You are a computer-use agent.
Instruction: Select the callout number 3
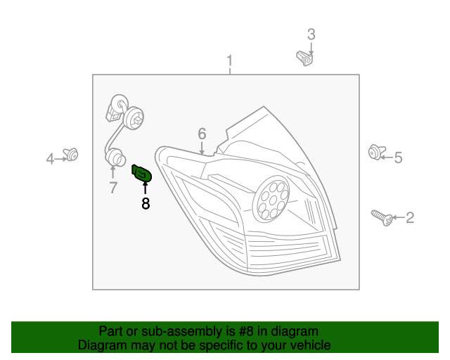(x=311, y=34)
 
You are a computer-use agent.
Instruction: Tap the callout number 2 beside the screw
(x=410, y=218)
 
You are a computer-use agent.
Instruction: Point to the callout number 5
(x=398, y=157)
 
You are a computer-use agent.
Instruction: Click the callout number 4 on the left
(x=50, y=159)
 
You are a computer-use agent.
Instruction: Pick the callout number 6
(x=202, y=133)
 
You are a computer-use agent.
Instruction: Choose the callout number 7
(x=112, y=187)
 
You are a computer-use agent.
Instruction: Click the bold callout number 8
(x=146, y=204)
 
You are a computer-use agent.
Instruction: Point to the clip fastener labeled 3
(x=304, y=56)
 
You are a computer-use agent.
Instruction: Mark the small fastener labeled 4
(x=71, y=154)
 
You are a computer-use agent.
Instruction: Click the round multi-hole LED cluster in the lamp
(x=271, y=200)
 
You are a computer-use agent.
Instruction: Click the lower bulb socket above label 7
(x=115, y=157)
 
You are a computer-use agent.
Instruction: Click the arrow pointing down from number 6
(x=202, y=148)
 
